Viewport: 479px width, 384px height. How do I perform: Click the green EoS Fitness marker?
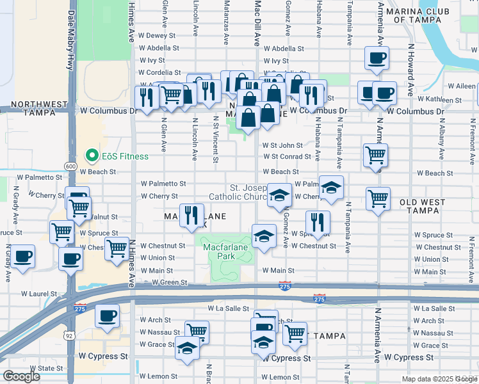(x=92, y=156)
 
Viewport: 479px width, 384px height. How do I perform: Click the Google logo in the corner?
(x=22, y=376)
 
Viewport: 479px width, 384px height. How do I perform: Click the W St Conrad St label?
(x=287, y=156)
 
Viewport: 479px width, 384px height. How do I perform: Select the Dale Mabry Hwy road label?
(x=71, y=38)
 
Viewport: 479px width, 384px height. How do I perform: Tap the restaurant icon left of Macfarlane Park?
(x=191, y=216)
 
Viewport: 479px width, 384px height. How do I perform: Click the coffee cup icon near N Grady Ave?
(x=23, y=257)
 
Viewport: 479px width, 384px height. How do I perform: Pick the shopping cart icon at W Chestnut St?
(x=117, y=248)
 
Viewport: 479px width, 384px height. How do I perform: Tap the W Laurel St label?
(x=38, y=294)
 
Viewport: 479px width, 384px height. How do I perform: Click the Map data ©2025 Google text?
(x=439, y=379)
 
